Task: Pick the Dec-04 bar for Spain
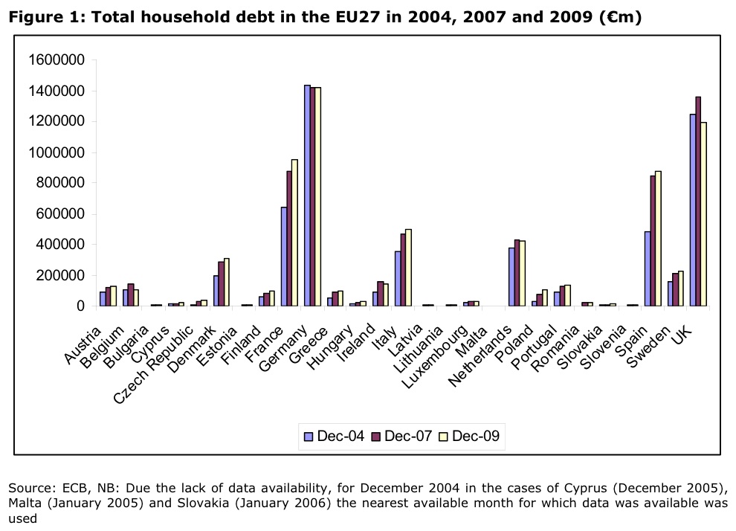648,268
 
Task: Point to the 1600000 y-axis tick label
57,60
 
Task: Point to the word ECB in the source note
68,489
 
